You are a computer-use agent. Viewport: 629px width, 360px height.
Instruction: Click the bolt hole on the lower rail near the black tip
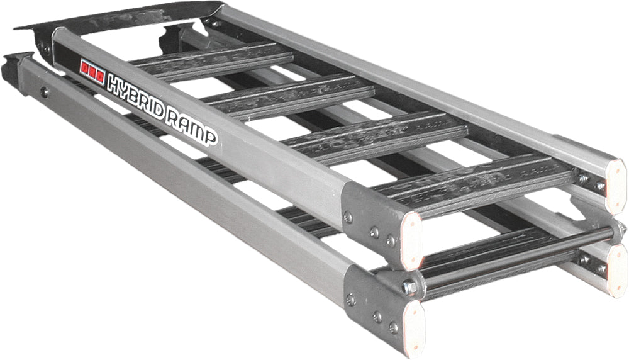pyautogui.click(x=44, y=93)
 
